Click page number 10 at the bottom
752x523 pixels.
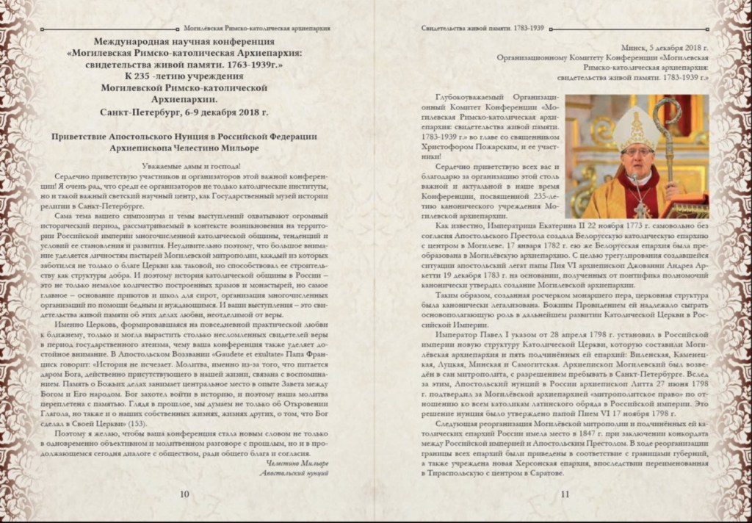coord(184,494)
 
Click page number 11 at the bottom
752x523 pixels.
coord(565,494)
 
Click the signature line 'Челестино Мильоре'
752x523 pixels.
coord(297,464)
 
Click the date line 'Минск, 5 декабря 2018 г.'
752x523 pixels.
coord(665,46)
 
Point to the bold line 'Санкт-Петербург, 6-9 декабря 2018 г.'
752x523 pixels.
coord(184,112)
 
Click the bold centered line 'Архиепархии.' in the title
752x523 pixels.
coord(184,100)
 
